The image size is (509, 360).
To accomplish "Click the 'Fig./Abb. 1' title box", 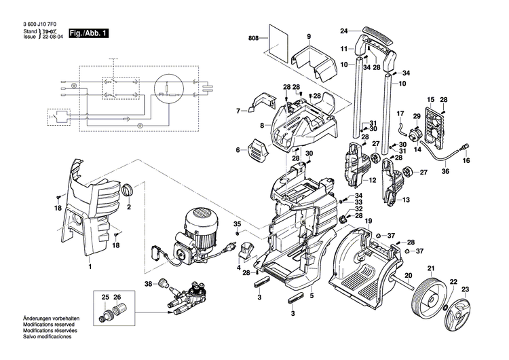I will (x=89, y=33).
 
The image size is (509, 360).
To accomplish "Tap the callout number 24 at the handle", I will (x=344, y=31).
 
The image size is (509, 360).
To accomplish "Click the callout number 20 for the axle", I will (x=408, y=275).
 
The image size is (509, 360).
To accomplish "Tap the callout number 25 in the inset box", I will (x=105, y=298).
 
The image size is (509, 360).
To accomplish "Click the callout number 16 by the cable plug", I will (x=466, y=161).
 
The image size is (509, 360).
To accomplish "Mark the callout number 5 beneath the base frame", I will (x=312, y=295).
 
